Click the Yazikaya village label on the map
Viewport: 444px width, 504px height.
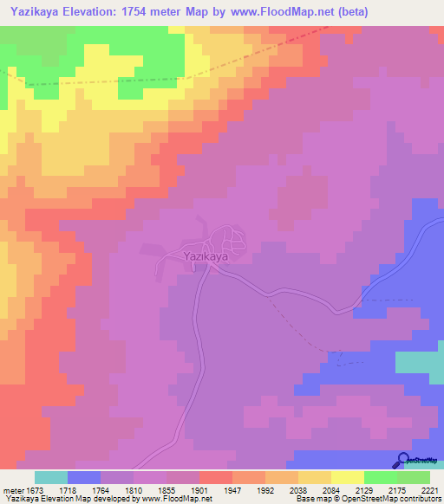point(206,257)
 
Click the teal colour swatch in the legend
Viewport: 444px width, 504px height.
point(51,477)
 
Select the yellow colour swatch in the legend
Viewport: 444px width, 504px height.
point(347,477)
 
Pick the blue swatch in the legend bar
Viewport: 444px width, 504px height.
point(84,477)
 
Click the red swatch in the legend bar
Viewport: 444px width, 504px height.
point(215,477)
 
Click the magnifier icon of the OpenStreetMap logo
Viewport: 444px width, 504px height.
point(403,459)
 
